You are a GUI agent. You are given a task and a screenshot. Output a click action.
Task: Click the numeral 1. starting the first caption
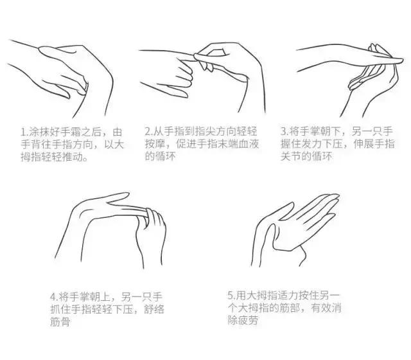point(23,131)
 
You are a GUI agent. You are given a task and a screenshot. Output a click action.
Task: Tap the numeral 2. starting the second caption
point(147,131)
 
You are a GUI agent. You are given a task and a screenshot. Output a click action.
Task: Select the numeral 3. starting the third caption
point(283,131)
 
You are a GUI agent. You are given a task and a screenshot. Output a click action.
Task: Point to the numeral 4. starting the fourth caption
point(53,297)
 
